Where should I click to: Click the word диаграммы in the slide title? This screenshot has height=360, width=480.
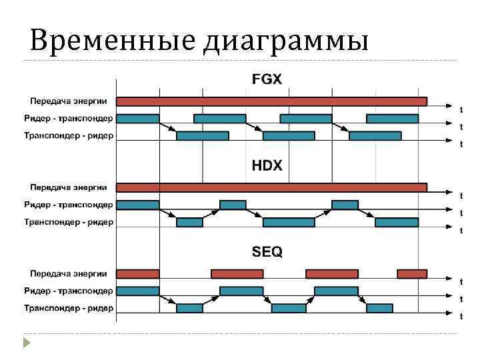tap(286, 41)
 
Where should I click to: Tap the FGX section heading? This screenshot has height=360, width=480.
tap(267, 79)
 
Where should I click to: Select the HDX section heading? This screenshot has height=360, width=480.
tap(267, 165)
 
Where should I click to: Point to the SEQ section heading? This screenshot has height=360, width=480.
tap(267, 251)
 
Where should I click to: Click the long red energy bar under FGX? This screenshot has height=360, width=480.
tap(272, 101)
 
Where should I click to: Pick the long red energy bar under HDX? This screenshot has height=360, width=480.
tap(272, 187)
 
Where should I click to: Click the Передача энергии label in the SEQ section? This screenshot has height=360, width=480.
tap(69, 273)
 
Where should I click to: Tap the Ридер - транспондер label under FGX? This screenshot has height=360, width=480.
tap(69, 119)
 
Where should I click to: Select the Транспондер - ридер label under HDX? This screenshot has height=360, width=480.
tap(69, 222)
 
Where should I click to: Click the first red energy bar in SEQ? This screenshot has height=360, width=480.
tap(138, 273)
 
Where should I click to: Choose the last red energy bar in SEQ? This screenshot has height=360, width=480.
tap(412, 273)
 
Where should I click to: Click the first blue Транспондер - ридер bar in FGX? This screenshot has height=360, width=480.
tap(203, 136)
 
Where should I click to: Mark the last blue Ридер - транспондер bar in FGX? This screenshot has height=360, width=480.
tap(393, 119)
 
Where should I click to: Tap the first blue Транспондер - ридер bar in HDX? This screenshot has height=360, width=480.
tap(189, 222)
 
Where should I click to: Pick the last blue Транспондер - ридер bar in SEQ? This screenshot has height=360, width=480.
tap(379, 308)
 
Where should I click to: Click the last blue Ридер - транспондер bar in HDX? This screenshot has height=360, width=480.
tap(345, 205)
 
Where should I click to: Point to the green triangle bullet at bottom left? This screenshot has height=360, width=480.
tap(26, 344)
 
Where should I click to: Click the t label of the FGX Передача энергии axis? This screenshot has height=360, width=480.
tap(461, 108)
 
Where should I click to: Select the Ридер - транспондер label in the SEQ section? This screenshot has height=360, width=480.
tap(69, 291)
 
